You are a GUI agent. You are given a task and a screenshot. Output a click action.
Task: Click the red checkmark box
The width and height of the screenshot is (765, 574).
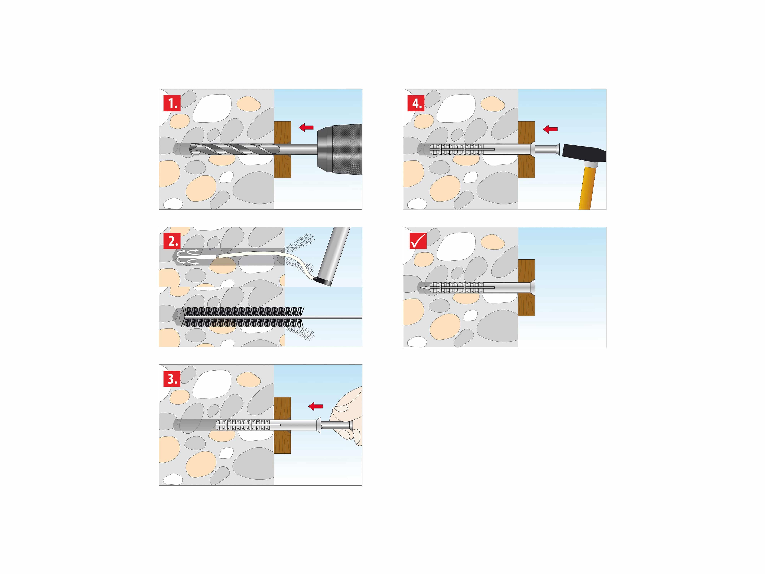click(418, 241)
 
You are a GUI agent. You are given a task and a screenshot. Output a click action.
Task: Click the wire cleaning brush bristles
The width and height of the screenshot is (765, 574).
click(242, 317)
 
